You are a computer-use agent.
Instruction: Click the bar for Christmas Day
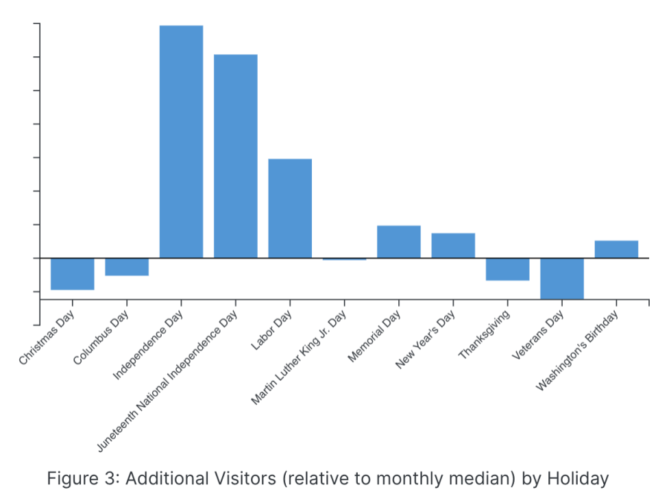click(x=72, y=274)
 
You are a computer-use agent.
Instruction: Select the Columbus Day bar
click(x=127, y=267)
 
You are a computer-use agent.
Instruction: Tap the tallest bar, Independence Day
click(x=181, y=141)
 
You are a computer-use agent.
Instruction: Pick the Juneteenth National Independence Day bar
click(x=236, y=156)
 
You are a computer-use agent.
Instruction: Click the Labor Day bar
click(x=290, y=208)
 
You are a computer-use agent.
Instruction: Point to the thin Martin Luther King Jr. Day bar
click(x=344, y=259)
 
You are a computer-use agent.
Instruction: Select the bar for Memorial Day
click(x=399, y=242)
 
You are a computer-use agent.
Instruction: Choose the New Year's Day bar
click(x=453, y=246)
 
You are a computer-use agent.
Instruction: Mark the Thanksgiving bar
click(x=508, y=269)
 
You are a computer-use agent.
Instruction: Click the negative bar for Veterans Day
click(x=562, y=279)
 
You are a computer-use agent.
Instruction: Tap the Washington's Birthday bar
click(x=616, y=249)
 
